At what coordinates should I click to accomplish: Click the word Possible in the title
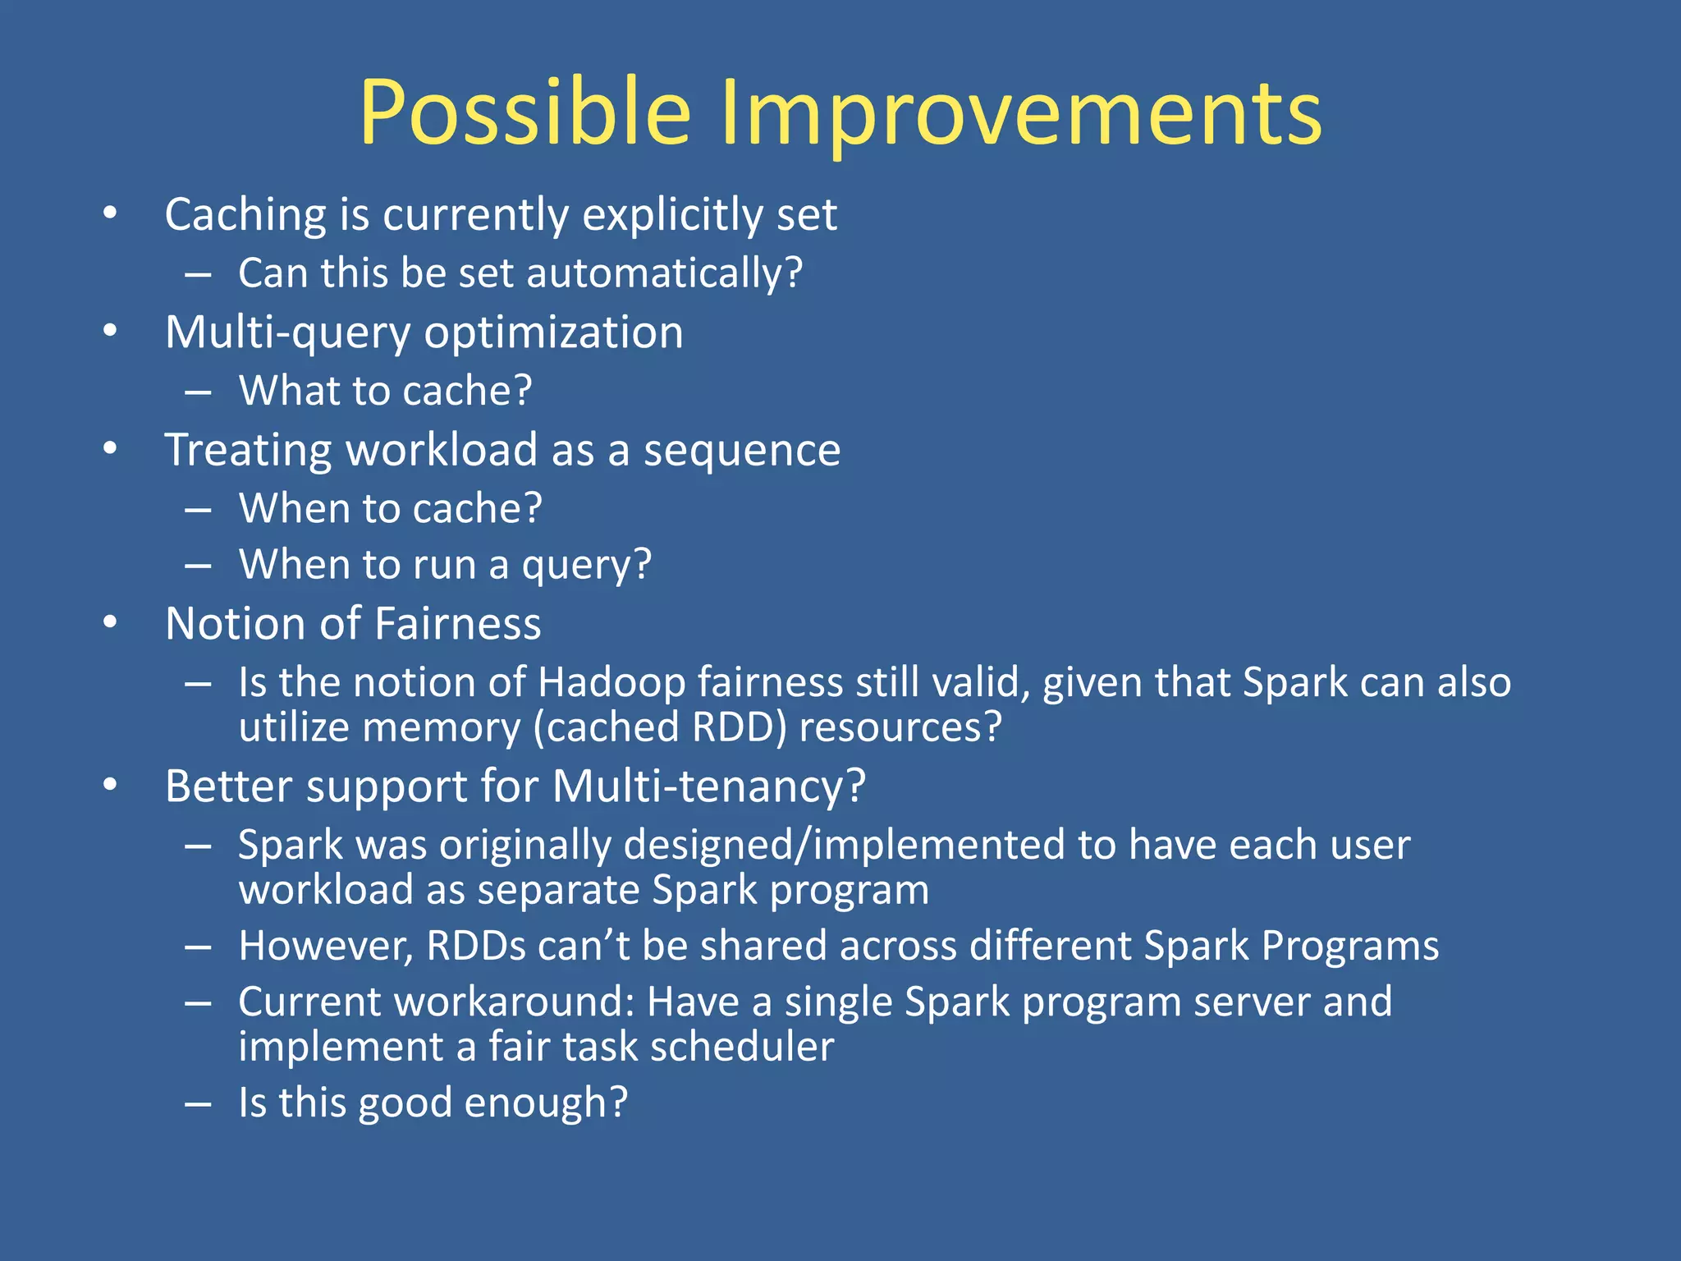point(525,113)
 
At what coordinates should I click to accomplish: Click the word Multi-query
point(287,333)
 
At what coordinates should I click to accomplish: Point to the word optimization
point(553,333)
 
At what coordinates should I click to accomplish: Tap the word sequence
point(741,451)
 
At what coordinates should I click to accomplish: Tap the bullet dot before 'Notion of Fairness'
point(110,623)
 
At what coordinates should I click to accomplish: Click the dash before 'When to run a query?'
point(198,566)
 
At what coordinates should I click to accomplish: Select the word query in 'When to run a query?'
point(586,566)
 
